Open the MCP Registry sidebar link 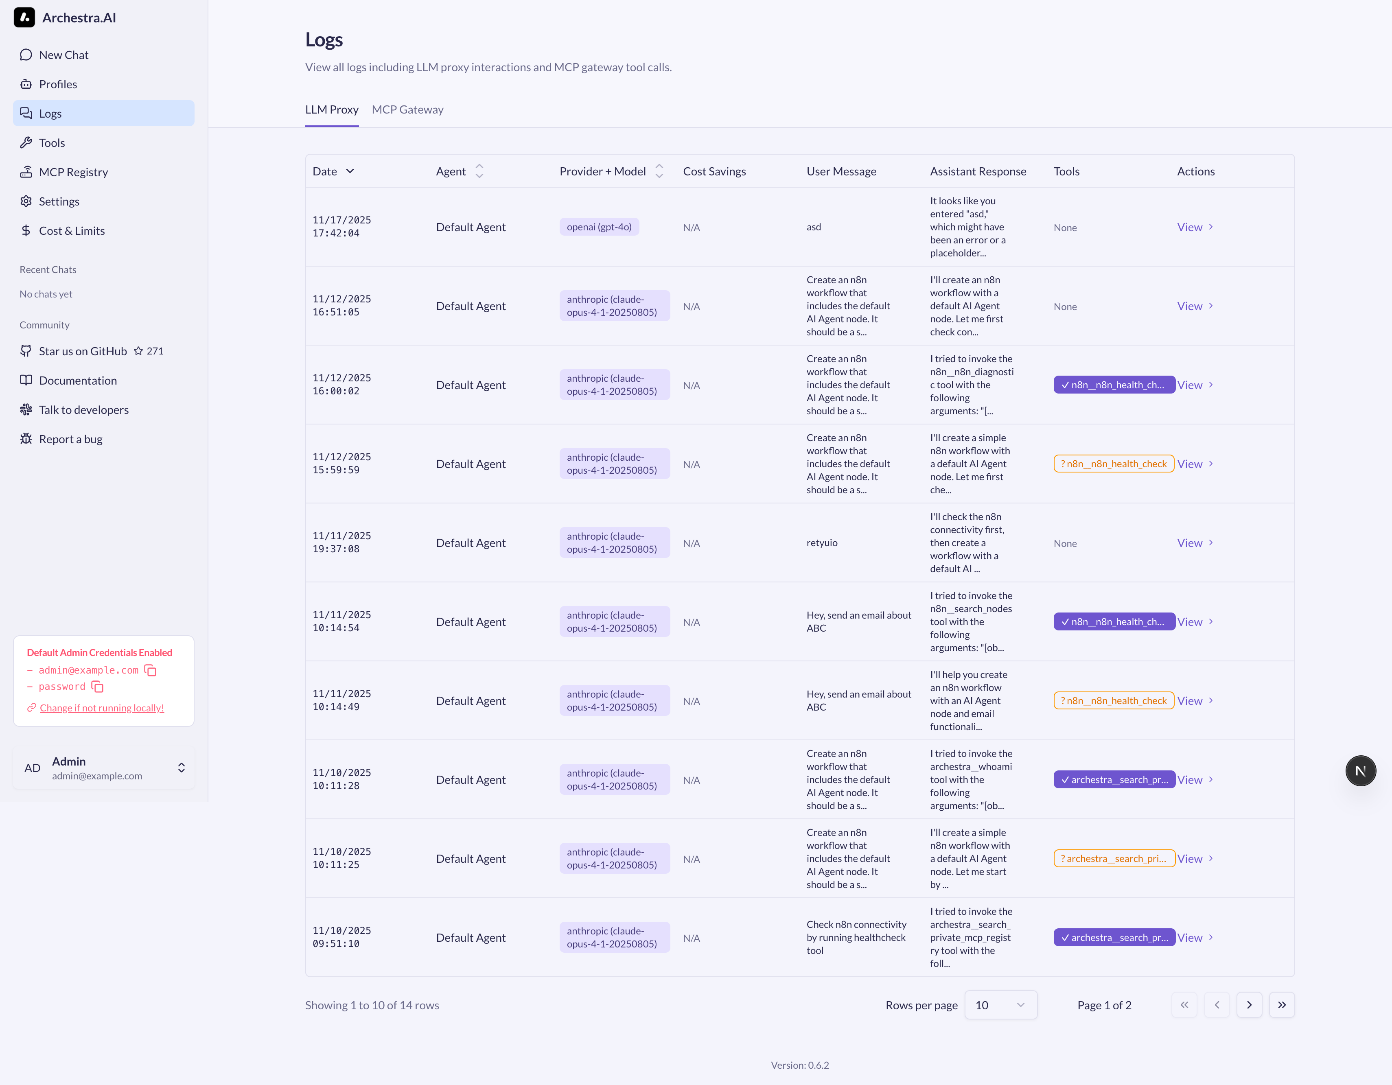coord(73,172)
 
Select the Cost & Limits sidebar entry coord(71,231)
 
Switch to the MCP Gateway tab coord(407,109)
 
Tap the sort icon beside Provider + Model coord(659,171)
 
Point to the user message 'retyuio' coord(821,543)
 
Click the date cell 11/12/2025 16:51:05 coord(341,306)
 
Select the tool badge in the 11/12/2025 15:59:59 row coord(1113,464)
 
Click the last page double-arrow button coord(1281,1005)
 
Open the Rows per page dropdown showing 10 coord(1000,1005)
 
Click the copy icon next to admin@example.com coord(151,671)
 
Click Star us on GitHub coord(83,351)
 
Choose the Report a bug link coord(70,439)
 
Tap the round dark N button coord(1360,771)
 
